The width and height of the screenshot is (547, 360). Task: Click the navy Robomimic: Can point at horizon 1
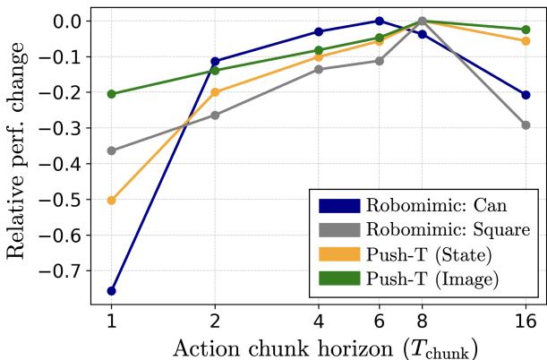[x=111, y=291]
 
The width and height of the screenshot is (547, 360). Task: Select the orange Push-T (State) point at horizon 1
[x=111, y=201]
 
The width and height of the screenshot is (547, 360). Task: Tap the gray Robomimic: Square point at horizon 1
[x=111, y=150]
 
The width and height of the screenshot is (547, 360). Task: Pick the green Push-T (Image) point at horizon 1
[x=111, y=94]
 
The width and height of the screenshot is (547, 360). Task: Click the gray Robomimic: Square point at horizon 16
[x=526, y=125]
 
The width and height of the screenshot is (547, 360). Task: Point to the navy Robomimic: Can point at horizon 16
[x=526, y=95]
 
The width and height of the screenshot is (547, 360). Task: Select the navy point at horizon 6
[x=380, y=21]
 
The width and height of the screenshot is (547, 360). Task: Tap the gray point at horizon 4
[x=319, y=69]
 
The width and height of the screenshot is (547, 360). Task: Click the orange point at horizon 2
[x=215, y=92]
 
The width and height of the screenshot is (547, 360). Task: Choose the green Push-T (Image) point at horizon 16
[x=526, y=30]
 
